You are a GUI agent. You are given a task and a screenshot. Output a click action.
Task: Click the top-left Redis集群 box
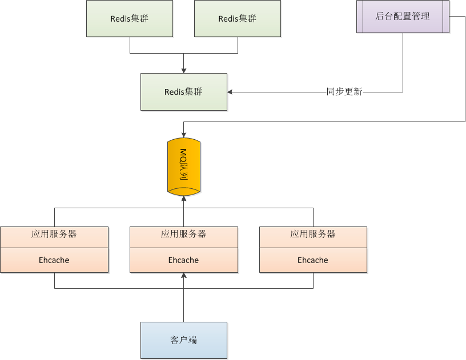tap(130, 19)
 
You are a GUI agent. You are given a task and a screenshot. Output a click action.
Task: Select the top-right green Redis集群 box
tap(238, 19)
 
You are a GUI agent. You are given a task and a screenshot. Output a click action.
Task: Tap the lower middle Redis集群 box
tap(183, 92)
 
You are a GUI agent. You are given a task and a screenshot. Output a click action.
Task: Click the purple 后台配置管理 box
tap(403, 17)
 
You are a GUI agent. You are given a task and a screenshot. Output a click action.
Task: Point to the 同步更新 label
tap(344, 92)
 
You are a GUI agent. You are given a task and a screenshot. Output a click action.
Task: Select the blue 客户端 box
tap(183, 340)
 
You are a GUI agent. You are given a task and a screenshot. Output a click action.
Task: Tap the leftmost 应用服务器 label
tap(54, 234)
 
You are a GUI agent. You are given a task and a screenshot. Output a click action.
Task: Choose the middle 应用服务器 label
tap(183, 234)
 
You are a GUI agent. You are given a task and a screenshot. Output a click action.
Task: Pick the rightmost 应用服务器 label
tap(313, 234)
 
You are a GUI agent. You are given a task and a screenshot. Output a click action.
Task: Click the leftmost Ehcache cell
tap(54, 260)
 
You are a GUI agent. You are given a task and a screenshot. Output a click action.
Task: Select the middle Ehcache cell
tap(183, 260)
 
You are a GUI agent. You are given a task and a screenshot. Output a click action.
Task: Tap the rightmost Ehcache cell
tap(313, 260)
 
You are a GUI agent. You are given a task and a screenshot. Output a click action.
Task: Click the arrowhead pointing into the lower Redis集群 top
tap(183, 70)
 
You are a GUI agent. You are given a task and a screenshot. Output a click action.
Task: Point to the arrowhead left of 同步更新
tap(230, 92)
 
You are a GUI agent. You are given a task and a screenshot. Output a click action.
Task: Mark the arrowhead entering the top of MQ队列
tap(183, 134)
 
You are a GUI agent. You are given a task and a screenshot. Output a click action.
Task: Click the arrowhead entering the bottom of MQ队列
tap(183, 199)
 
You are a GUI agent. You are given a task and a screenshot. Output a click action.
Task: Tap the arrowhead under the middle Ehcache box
tap(183, 276)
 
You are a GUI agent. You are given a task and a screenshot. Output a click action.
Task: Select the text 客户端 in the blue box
tap(183, 340)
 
